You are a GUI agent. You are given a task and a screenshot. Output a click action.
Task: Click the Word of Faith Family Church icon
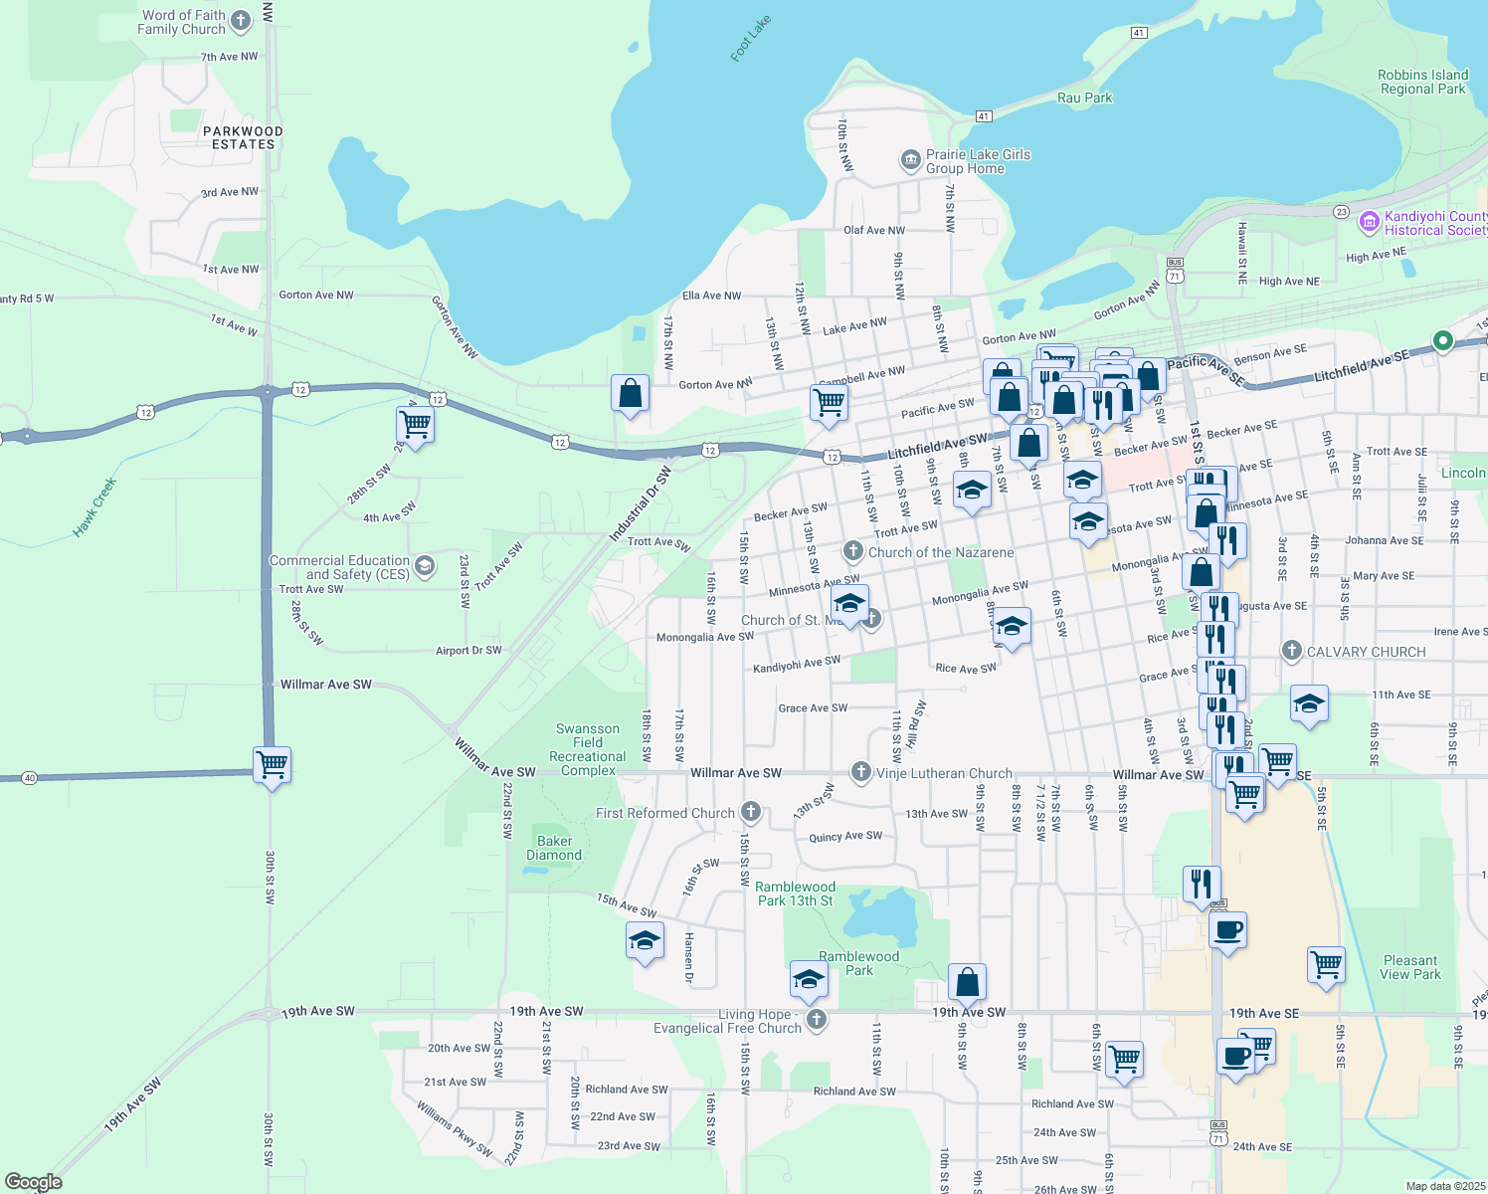(x=240, y=22)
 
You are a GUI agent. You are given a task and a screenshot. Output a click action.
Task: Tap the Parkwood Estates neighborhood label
(x=243, y=137)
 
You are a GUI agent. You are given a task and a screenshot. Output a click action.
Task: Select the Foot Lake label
(x=750, y=39)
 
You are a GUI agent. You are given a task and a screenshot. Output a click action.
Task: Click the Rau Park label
(x=1084, y=98)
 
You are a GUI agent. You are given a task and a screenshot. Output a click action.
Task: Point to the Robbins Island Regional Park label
(x=1422, y=82)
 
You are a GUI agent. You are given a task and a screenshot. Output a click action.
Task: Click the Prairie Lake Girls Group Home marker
(x=910, y=160)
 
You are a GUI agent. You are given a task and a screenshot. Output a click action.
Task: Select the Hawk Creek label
(x=95, y=506)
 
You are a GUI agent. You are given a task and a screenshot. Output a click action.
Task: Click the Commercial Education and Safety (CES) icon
(x=425, y=567)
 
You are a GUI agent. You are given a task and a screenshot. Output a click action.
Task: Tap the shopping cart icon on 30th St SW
(x=272, y=765)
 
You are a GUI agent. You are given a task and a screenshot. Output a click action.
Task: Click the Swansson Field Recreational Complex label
(x=588, y=749)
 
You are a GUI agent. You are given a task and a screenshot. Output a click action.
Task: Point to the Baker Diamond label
(x=554, y=848)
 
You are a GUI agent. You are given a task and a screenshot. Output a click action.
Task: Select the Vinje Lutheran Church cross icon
(x=860, y=772)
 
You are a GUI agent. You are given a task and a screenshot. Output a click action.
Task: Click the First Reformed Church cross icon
(x=751, y=813)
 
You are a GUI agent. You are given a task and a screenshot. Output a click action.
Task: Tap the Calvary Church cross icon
(x=1291, y=652)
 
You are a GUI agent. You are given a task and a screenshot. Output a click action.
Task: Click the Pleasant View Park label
(x=1410, y=967)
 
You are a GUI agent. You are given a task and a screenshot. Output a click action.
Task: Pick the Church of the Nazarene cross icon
(x=852, y=551)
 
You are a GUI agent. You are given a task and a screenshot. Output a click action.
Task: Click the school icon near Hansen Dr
(x=645, y=940)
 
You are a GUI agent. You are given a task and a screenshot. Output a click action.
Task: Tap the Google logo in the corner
(x=33, y=1182)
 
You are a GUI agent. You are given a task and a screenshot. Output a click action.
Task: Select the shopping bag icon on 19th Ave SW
(x=967, y=982)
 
